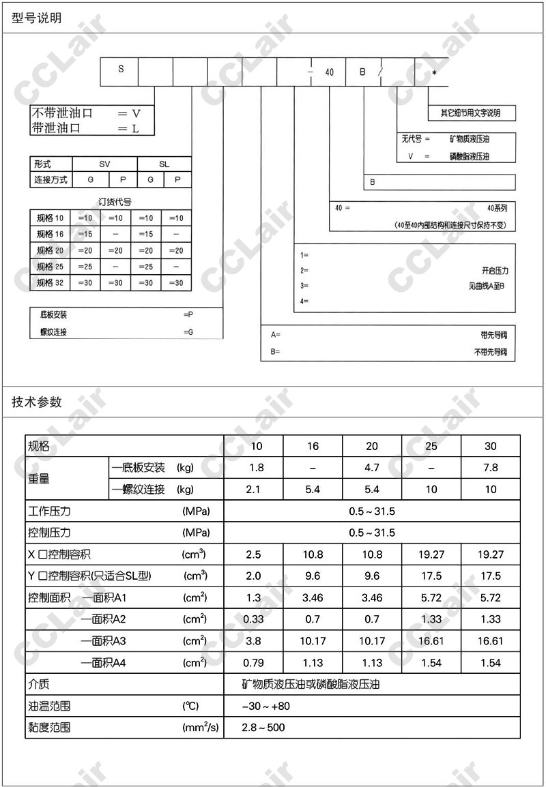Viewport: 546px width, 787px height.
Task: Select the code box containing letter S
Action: [x=120, y=70]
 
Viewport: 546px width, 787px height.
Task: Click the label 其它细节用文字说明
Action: [x=470, y=113]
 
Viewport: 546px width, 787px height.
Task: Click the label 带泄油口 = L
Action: [x=85, y=128]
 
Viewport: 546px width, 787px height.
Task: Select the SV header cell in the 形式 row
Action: [x=104, y=164]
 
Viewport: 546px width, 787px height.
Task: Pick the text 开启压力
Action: [x=494, y=270]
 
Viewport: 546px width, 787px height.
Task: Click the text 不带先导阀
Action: [x=491, y=353]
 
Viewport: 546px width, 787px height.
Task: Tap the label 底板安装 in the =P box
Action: [x=54, y=314]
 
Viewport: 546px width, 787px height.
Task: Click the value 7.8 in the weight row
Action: [x=490, y=468]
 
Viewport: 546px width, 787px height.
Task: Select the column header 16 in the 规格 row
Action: [x=313, y=447]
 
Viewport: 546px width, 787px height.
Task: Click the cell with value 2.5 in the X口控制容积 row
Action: [x=253, y=555]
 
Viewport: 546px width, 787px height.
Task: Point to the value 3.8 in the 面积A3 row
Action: [x=253, y=641]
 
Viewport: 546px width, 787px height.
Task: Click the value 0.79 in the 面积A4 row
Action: [x=253, y=663]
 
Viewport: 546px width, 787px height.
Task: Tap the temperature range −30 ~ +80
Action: [x=266, y=707]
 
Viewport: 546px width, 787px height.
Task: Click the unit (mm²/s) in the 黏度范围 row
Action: [x=201, y=728]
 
